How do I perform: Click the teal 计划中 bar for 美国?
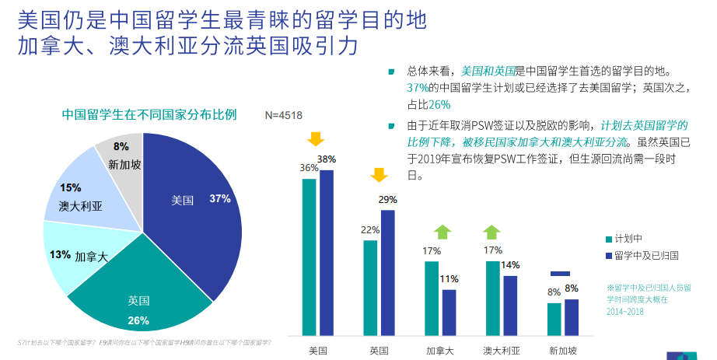tap(309, 257)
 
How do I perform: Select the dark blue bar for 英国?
tap(387, 272)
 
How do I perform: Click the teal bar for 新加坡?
tap(554, 318)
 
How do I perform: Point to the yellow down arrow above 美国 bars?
tap(315, 139)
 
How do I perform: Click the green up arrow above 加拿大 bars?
tap(442, 232)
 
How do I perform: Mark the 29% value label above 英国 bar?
tap(387, 200)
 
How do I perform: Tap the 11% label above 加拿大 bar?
tap(448, 278)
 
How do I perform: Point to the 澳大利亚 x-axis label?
tap(500, 350)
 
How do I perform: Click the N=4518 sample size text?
tap(282, 115)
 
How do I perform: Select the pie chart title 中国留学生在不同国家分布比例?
tap(149, 115)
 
